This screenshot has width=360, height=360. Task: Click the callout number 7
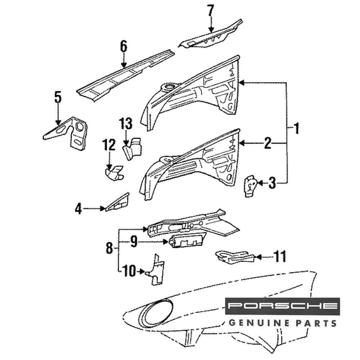pyautogui.click(x=211, y=11)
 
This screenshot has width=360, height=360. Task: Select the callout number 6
pyautogui.click(x=123, y=47)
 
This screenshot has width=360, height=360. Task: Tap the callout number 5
pyautogui.click(x=58, y=97)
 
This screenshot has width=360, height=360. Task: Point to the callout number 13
pyautogui.click(x=126, y=124)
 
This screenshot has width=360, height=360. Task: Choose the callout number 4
pyautogui.click(x=78, y=208)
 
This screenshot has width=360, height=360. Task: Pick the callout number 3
pyautogui.click(x=272, y=184)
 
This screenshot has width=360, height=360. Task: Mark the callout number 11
pyautogui.click(x=279, y=257)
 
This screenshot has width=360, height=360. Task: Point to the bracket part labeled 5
pyautogui.click(x=72, y=133)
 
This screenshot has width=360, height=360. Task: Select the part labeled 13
pyautogui.click(x=132, y=148)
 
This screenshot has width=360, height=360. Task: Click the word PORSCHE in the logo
pyautogui.click(x=282, y=306)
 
